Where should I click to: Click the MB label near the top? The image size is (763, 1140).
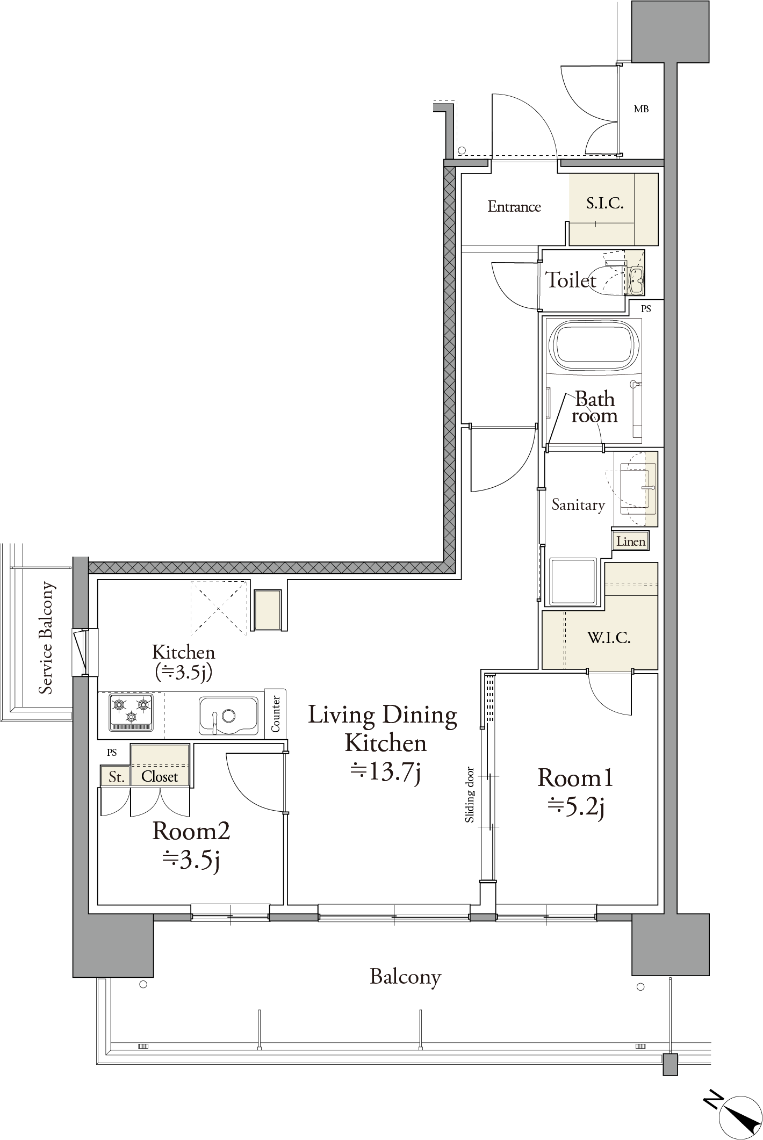click(641, 109)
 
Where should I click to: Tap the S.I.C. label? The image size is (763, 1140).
click(604, 203)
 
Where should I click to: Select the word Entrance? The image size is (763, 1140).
click(514, 207)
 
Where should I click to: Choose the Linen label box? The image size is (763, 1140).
click(631, 541)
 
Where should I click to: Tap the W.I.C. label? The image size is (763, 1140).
click(609, 638)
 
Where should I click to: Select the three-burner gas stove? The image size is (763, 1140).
click(131, 712)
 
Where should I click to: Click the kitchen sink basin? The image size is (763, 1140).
click(228, 716)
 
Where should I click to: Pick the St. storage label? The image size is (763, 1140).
click(116, 777)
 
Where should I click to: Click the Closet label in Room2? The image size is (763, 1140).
click(160, 776)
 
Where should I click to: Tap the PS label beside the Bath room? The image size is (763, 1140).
click(646, 309)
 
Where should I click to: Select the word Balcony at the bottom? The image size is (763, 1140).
click(406, 977)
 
